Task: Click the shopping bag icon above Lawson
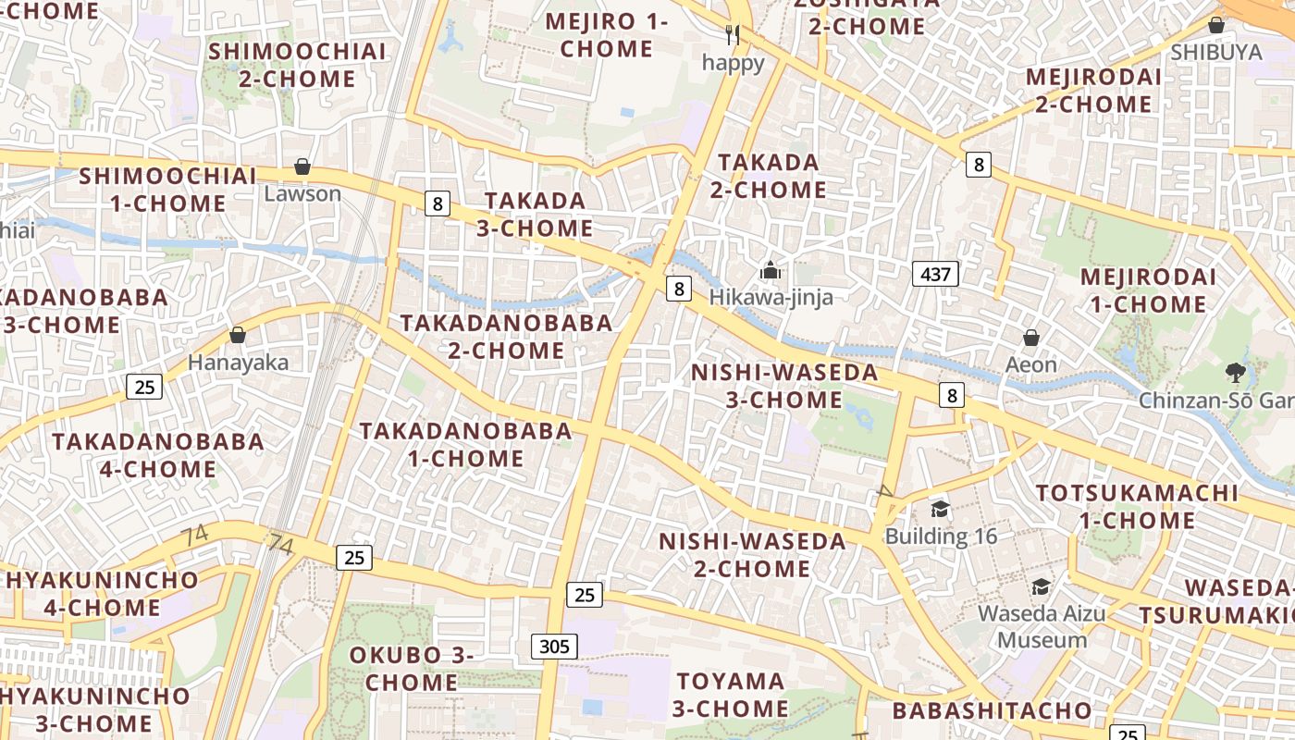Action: [302, 166]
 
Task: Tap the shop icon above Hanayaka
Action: [238, 335]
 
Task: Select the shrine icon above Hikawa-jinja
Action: [771, 271]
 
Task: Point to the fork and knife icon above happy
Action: [733, 35]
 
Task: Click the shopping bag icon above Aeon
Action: [1030, 338]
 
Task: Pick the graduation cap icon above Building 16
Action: [940, 509]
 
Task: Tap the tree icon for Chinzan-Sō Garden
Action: [1234, 373]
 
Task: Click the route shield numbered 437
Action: [935, 274]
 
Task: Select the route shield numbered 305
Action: [554, 646]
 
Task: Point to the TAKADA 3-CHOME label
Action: [535, 214]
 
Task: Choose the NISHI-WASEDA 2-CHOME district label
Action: [752, 554]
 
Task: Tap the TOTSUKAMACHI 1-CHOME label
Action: [1137, 506]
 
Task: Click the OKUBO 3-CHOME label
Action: [411, 668]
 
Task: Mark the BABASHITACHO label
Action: [992, 710]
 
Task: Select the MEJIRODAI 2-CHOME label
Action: [1093, 90]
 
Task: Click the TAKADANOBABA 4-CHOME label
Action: [158, 454]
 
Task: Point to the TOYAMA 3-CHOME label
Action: [730, 695]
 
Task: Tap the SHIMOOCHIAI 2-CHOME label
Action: [297, 65]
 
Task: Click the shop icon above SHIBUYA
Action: [1216, 25]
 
